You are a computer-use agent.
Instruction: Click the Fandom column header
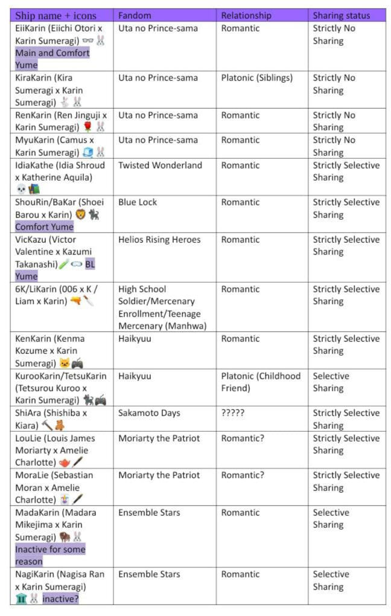[135, 16]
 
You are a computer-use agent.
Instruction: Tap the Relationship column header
[246, 16]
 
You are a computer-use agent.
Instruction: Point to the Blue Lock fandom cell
[138, 202]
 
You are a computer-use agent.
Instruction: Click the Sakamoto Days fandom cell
[149, 413]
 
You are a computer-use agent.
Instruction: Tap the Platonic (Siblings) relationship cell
[256, 78]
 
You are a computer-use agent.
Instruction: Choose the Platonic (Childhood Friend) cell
[261, 382]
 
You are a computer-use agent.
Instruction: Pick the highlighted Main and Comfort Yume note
[52, 59]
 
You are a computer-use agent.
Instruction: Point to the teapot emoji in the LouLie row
[65, 463]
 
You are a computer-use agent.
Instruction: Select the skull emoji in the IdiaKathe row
[21, 190]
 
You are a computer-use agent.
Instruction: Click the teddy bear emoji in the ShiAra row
[59, 426]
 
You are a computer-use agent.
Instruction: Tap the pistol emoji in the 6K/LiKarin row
[75, 301]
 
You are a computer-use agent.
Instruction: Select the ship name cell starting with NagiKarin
[60, 586]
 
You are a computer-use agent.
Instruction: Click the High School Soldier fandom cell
[162, 307]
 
